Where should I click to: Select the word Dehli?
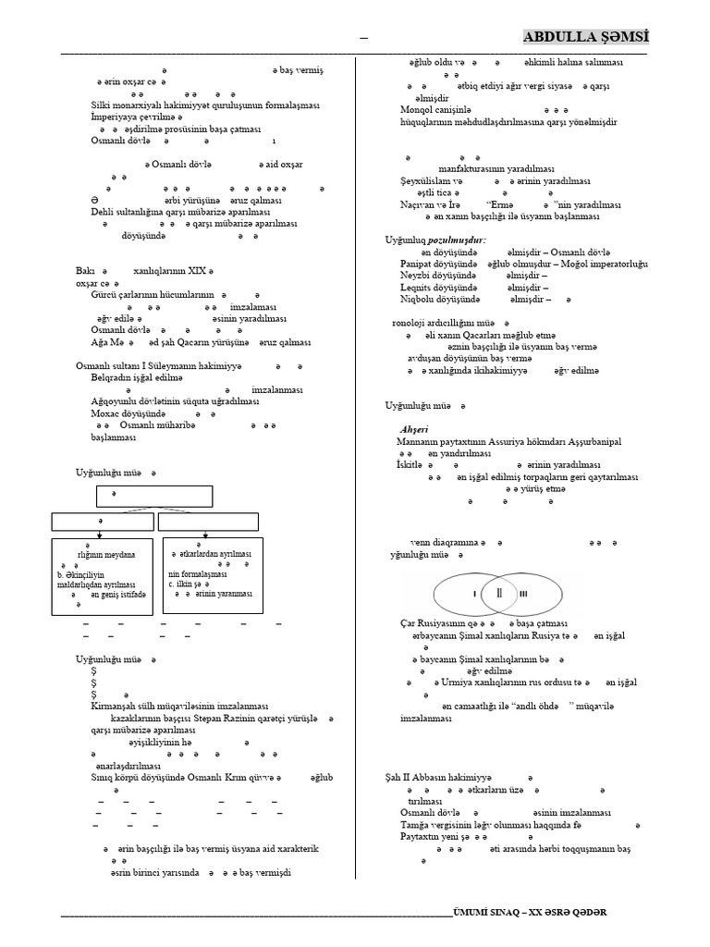pos(103,211)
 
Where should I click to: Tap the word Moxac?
pos(104,413)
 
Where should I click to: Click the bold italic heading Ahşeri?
pos(415,430)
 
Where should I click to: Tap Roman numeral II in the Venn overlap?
pos(499,592)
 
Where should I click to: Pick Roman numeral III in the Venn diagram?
pos(524,593)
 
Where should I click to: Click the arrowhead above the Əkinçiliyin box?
pos(100,534)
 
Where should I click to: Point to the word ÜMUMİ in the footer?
pos(473,911)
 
